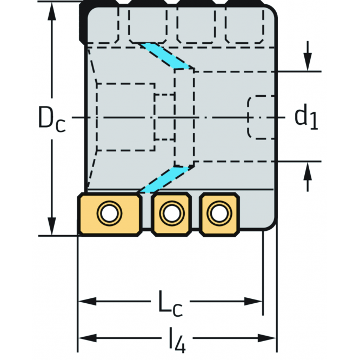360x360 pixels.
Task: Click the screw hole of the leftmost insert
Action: click(x=110, y=214)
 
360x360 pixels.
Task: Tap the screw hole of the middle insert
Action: click(x=171, y=214)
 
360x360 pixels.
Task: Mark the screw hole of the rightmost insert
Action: click(x=218, y=214)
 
